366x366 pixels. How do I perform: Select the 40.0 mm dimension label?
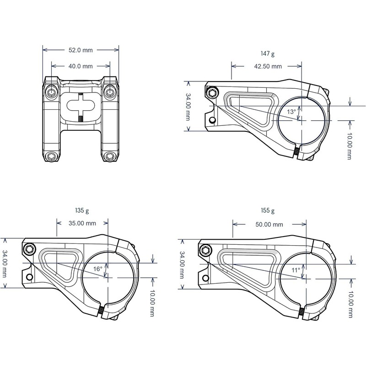[x=81, y=66]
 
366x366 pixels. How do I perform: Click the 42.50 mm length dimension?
[x=267, y=66]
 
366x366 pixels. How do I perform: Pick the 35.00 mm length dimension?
[x=82, y=223]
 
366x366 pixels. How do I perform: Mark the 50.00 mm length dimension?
[x=269, y=225]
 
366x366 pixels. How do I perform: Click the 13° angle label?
[x=291, y=112]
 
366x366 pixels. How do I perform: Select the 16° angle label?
[x=97, y=269]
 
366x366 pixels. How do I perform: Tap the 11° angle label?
[x=296, y=270]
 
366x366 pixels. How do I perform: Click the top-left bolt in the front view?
[x=52, y=93]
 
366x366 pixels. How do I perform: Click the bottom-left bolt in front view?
[x=52, y=157]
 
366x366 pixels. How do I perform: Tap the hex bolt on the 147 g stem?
[x=212, y=93]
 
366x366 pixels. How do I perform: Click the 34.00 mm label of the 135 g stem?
[x=5, y=263]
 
